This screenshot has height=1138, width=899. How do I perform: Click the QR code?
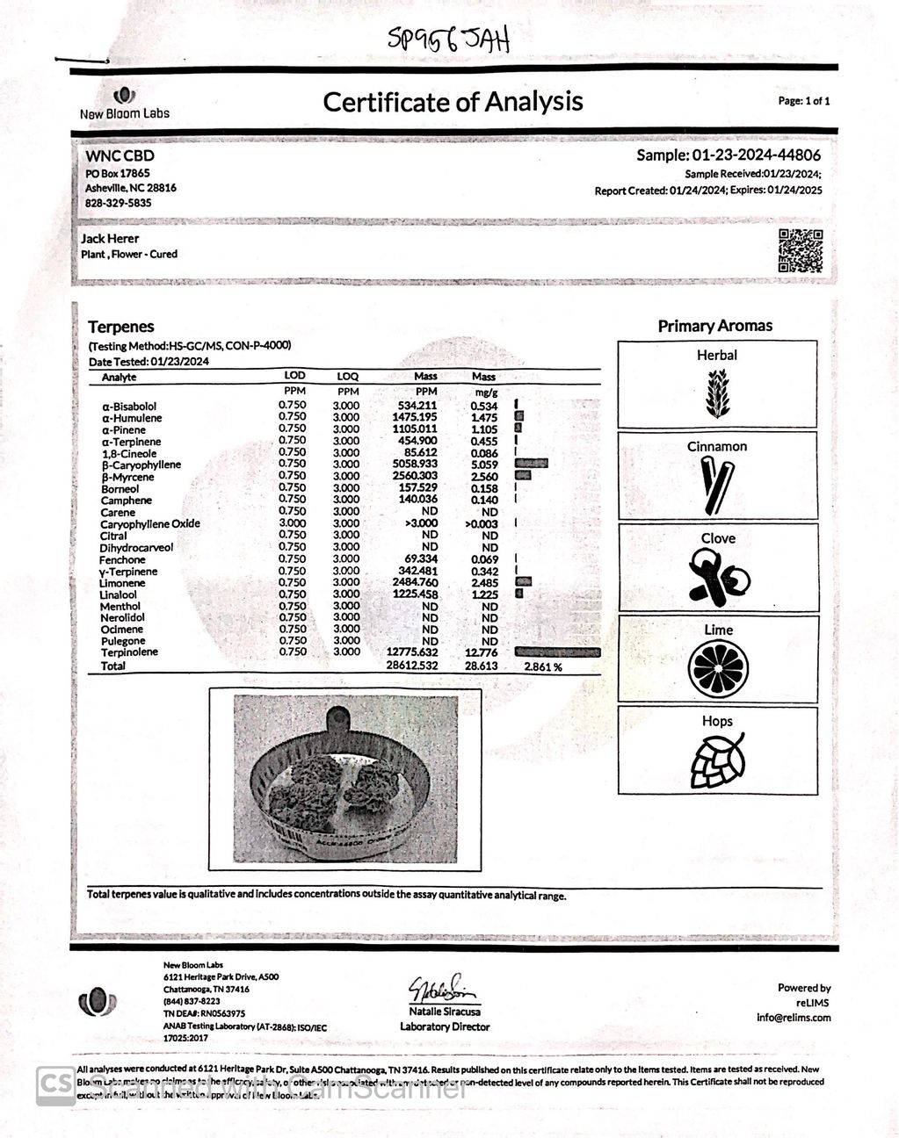point(800,250)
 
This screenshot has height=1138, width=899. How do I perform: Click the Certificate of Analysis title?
point(453,102)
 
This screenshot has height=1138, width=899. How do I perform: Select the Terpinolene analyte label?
point(129,652)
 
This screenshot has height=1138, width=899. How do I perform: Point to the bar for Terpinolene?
point(557,652)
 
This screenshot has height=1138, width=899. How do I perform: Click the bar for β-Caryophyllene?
point(532,464)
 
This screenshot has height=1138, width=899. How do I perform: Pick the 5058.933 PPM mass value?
point(417,464)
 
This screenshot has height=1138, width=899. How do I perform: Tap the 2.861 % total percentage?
point(542,666)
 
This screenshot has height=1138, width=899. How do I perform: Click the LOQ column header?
point(348,377)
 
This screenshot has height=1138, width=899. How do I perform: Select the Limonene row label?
point(122,583)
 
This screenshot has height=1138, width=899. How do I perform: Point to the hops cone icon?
point(717,760)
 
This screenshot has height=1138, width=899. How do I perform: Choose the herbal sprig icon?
point(717,393)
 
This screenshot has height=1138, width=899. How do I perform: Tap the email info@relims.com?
point(793,1018)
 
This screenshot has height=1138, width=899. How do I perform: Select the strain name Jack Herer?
point(110,238)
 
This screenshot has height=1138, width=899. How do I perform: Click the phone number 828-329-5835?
point(118,203)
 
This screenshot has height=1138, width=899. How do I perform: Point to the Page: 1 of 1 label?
point(803,101)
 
